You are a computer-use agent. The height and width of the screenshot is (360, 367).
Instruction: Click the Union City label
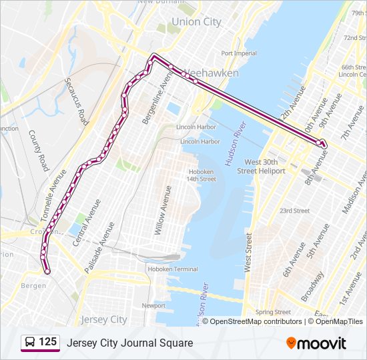196,22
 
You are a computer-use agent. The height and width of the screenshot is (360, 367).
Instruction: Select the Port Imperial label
239,53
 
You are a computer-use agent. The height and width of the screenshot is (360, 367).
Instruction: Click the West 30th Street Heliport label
265,167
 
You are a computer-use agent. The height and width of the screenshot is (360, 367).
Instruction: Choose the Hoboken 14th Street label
201,175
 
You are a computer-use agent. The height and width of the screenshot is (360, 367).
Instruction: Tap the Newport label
153,305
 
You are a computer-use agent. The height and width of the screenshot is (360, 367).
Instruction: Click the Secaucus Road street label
77,101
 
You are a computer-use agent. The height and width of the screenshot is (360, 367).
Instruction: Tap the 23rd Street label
294,211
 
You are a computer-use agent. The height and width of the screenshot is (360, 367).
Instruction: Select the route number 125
47,342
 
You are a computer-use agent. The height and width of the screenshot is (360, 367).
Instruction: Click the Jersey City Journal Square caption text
129,343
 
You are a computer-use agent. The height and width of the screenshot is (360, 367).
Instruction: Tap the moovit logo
316,343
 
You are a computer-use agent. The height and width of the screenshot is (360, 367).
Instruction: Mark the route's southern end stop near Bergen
47,271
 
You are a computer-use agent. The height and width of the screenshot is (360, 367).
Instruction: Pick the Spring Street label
273,311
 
